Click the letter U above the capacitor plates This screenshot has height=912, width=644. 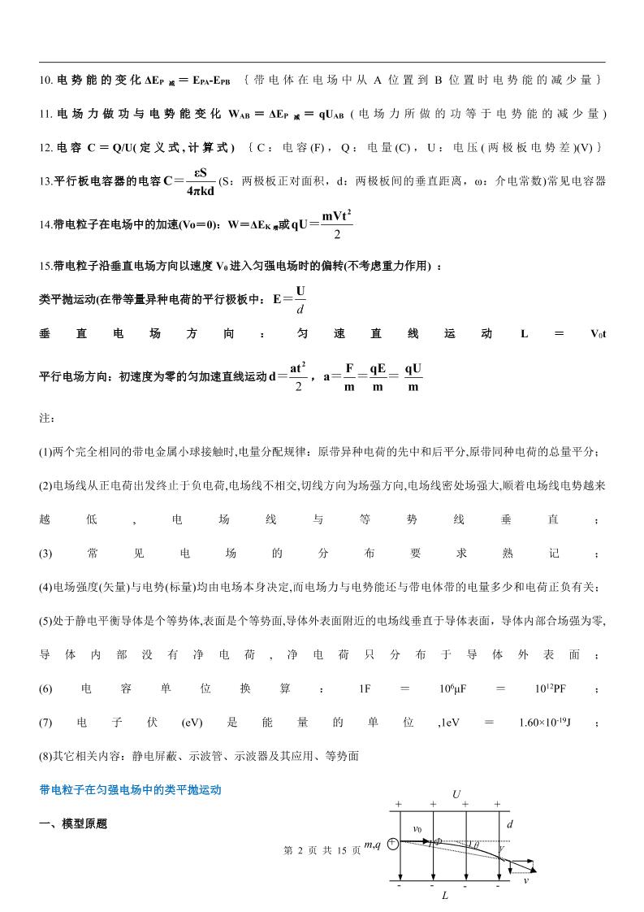[456, 793]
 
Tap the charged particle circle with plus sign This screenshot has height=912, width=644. [392, 845]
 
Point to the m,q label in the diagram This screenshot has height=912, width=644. [373, 845]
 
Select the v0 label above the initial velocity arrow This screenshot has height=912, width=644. [417, 829]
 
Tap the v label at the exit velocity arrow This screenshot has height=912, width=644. [525, 879]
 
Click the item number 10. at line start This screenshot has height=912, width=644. [46, 80]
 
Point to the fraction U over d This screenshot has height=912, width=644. [300, 298]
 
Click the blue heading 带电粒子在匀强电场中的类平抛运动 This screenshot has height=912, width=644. [130, 789]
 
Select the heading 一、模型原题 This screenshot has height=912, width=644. [72, 823]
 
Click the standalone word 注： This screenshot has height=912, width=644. [46, 418]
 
